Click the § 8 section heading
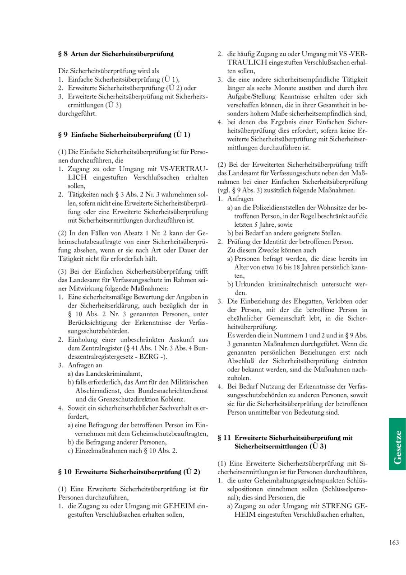116,54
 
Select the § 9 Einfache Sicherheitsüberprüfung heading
124,135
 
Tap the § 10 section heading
129,472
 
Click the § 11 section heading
285,442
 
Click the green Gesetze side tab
397,444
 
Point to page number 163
393,542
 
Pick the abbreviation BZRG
146,356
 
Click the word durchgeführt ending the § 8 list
77,113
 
